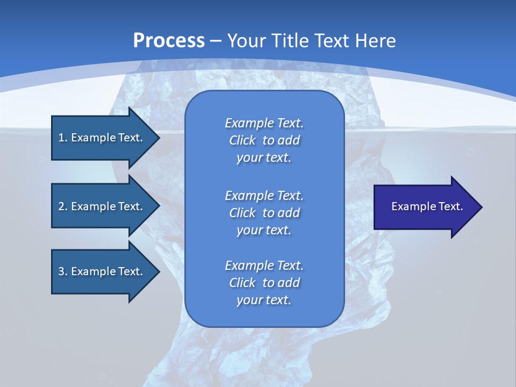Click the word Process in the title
click(x=168, y=41)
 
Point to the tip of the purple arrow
click(x=481, y=207)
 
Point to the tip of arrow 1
click(x=159, y=138)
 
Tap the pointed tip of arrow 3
click(x=159, y=271)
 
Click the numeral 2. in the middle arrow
click(x=63, y=206)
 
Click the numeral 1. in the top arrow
click(x=63, y=138)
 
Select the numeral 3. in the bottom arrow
click(x=63, y=271)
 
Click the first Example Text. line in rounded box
click(x=264, y=123)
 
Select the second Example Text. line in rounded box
click(x=264, y=195)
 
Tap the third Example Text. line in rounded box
click(x=264, y=266)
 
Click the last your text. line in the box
click(x=264, y=300)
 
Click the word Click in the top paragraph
click(x=242, y=140)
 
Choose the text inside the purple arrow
click(x=427, y=206)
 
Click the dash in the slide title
click(x=216, y=41)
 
